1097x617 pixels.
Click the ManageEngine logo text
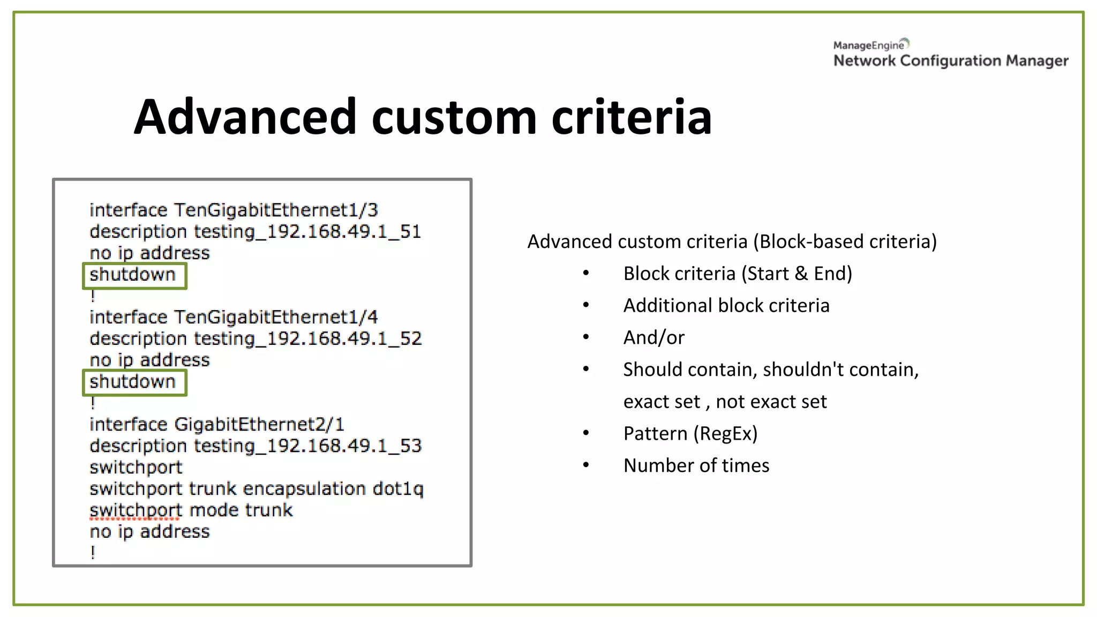tap(869, 46)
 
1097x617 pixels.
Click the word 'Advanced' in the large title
tap(245, 117)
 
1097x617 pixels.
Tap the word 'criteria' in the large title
tap(632, 117)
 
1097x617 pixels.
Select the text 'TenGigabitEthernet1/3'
tap(276, 210)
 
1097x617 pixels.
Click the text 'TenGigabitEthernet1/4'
tap(276, 317)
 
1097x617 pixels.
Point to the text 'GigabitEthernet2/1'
tap(259, 424)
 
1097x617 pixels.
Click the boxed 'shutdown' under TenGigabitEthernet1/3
tap(133, 275)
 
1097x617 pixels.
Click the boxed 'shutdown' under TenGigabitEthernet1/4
tap(133, 382)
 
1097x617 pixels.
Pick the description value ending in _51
tap(307, 232)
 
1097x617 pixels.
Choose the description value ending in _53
tap(307, 446)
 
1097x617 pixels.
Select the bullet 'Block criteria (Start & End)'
tap(738, 274)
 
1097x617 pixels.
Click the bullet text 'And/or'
tap(654, 337)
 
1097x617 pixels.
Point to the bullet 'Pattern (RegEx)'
tap(690, 433)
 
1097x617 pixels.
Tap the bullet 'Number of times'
tap(696, 465)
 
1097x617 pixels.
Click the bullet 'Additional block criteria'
tap(726, 305)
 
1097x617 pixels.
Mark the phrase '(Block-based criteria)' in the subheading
tap(845, 242)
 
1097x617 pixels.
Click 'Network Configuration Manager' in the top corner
tap(951, 61)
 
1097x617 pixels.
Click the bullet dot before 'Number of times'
tap(586, 465)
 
